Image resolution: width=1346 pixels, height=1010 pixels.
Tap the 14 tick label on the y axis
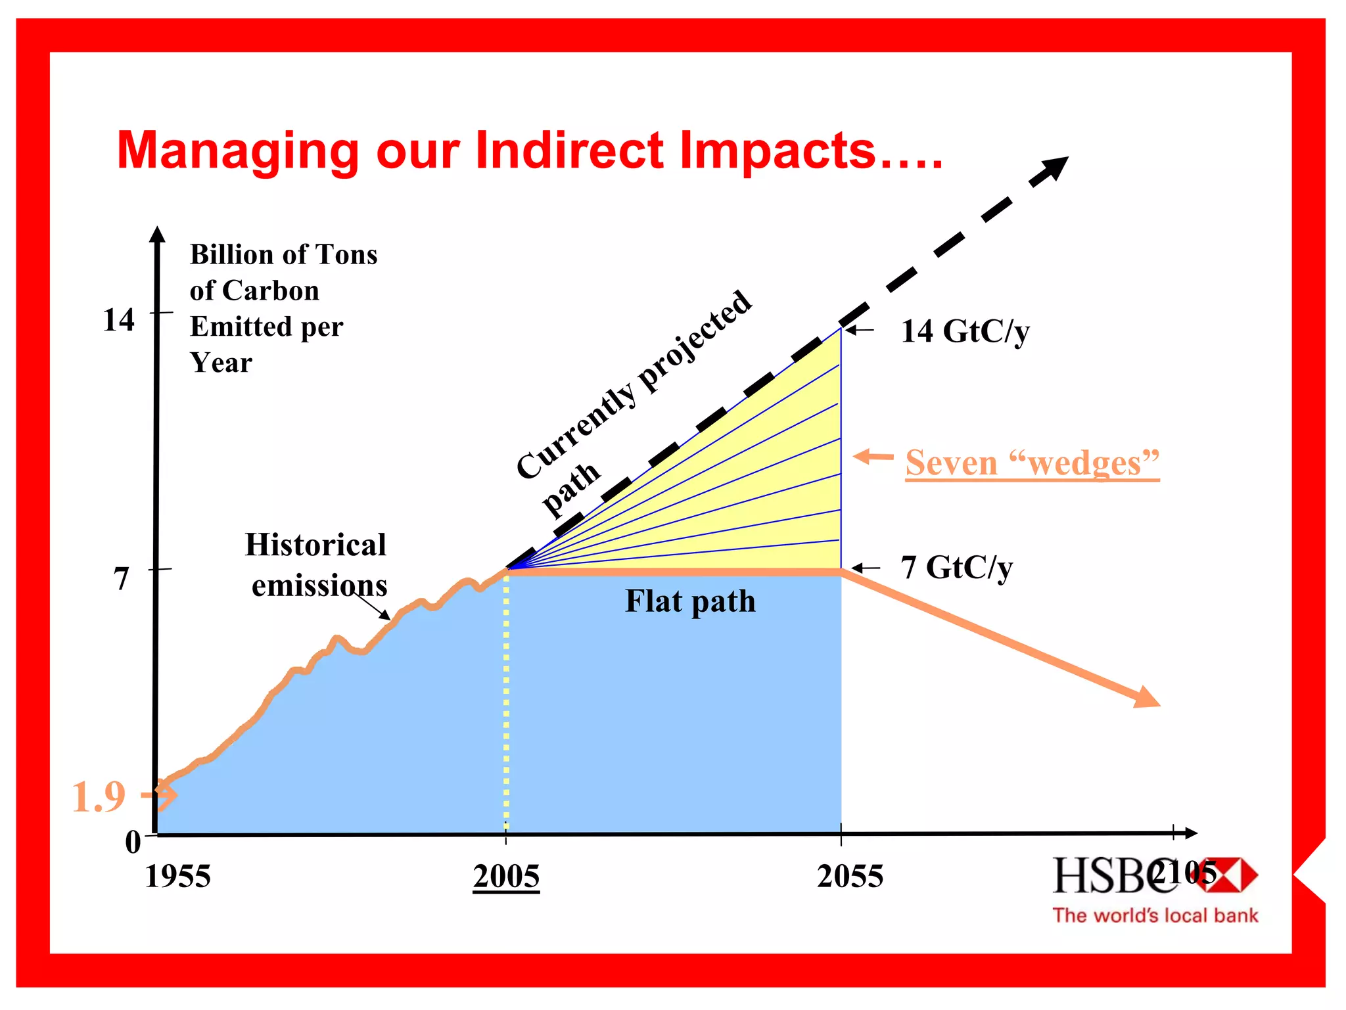pos(119,320)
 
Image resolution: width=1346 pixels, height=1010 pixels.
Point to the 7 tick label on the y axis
pos(122,579)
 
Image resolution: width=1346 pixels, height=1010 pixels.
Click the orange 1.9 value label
pos(99,797)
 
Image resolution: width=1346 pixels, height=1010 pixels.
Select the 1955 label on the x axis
pos(177,877)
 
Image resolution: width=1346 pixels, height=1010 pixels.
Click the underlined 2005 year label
pos(506,877)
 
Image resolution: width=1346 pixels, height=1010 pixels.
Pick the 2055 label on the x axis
pos(850,877)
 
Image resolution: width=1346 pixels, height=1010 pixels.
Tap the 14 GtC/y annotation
pos(965,331)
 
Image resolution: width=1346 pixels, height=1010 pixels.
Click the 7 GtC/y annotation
pos(956,567)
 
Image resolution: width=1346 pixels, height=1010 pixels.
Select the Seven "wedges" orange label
pos(1032,463)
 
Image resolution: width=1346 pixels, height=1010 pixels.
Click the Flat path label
pos(690,601)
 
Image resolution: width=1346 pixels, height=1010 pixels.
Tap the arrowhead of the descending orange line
pos(1147,698)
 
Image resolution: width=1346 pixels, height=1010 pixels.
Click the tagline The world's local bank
pos(1155,915)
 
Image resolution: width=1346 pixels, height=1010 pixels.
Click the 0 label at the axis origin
pos(133,842)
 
